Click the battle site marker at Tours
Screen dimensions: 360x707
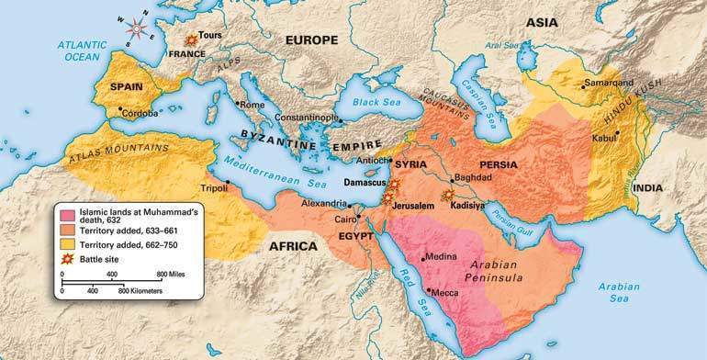191,40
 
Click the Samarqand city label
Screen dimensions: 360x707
610,83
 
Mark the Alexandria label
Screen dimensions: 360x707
326,205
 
